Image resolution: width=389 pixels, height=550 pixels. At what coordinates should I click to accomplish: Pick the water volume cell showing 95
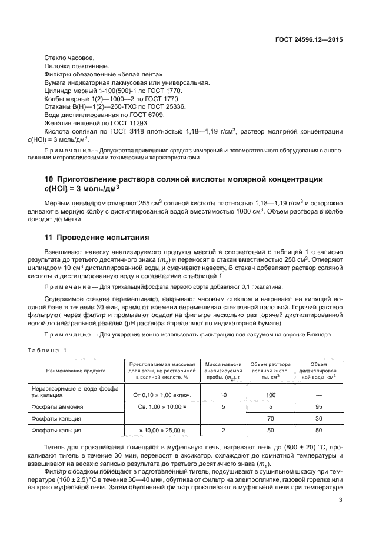318,406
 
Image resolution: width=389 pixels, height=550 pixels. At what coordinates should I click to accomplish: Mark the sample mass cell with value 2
223,431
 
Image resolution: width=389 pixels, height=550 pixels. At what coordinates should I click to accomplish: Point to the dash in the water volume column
318,395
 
